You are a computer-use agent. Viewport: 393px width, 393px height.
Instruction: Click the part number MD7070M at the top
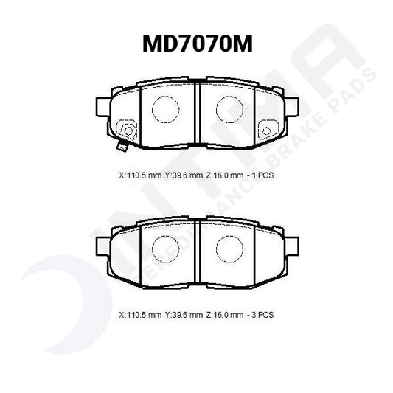[x=197, y=45]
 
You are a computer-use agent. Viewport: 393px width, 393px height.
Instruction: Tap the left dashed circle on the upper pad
[x=164, y=109]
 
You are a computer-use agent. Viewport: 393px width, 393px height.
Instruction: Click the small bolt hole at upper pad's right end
[x=265, y=132]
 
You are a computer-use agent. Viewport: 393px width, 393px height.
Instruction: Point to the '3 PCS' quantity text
[x=263, y=315]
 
